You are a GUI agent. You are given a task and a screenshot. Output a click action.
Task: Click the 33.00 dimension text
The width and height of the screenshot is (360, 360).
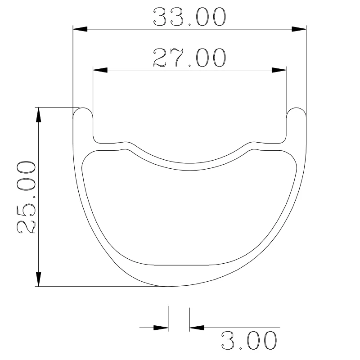pyautogui.click(x=189, y=18)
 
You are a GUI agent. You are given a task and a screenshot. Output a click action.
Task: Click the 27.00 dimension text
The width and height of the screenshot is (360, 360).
pyautogui.click(x=189, y=58)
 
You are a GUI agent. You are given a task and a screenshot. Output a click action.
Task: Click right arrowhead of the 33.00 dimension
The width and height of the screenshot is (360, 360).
pyautogui.click(x=300, y=29)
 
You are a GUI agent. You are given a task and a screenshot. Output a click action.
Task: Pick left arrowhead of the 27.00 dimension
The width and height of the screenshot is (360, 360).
pyautogui.click(x=99, y=70)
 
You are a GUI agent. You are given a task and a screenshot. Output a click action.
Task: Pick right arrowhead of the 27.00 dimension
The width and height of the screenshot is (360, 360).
pyautogui.click(x=279, y=70)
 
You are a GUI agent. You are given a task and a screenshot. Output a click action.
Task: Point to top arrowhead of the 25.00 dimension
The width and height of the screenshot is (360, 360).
pyautogui.click(x=39, y=114)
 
